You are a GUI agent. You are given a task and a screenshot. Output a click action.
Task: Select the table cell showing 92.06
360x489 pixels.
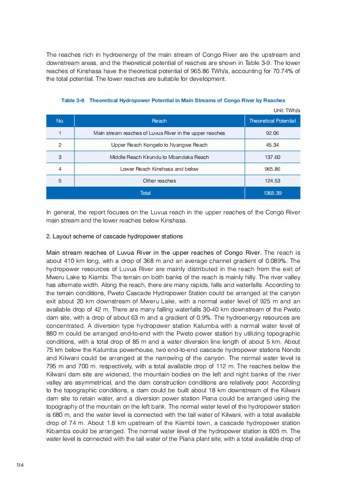pos(272,133)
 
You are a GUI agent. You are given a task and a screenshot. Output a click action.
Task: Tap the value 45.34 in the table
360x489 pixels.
pos(272,145)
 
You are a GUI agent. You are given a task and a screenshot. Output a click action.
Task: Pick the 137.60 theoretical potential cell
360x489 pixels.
pos(272,157)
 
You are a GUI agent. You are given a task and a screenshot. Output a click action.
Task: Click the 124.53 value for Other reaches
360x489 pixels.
pos(272,181)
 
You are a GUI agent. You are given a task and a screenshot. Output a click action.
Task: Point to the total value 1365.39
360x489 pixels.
pos(272,193)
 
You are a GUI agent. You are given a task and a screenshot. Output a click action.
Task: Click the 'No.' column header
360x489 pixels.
pos(60,121)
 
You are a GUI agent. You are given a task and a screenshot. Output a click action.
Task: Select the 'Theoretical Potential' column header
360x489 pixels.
pos(272,121)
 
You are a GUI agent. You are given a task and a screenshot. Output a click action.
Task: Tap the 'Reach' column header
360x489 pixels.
pos(159,121)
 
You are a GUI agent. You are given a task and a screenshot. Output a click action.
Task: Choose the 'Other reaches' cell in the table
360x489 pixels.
pos(159,181)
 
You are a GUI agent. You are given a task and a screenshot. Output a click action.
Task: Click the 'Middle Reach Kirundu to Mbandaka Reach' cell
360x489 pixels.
pos(159,157)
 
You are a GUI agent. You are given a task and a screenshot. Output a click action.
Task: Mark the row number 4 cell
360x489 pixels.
pos(60,169)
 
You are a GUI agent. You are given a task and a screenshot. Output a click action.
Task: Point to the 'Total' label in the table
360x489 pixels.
pos(145,193)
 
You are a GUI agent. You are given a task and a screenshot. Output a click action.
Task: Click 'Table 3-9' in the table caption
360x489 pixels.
pos(73,100)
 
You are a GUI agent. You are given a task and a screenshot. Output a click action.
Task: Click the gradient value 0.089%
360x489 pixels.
pos(277,261)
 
